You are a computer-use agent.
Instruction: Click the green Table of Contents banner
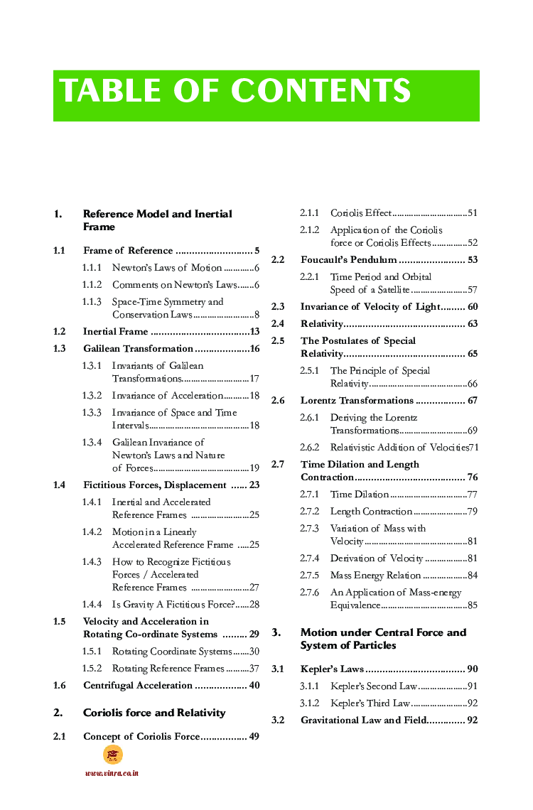266,95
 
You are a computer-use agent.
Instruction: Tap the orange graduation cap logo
112,755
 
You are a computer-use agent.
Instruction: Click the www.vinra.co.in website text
112,773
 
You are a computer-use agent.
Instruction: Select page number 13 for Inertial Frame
254,332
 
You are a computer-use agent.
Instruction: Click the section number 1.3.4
92,443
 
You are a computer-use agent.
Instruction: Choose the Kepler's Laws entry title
332,669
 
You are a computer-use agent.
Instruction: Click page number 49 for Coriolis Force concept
253,737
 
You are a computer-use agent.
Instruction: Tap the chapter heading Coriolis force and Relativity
154,713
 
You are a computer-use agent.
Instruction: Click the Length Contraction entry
371,512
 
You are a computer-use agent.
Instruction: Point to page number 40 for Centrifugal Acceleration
254,686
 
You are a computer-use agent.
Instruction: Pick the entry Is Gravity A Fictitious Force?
173,605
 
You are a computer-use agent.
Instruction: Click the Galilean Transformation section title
138,349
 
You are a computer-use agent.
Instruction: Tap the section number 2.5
278,341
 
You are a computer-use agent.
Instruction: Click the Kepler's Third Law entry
370,703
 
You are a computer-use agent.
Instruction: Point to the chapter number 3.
277,632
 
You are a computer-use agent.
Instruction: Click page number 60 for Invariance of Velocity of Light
472,307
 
